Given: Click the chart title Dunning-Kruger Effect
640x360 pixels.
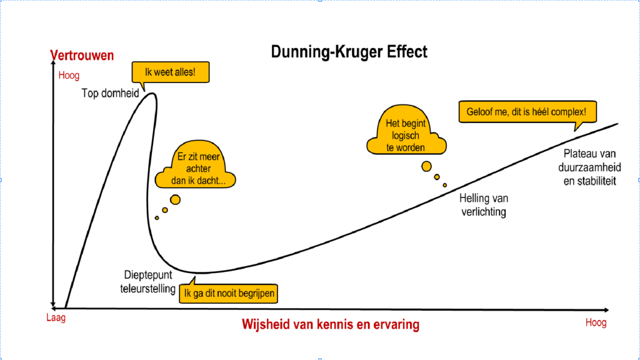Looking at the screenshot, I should tap(349, 51).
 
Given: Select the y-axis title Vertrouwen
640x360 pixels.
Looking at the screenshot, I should tap(82, 56).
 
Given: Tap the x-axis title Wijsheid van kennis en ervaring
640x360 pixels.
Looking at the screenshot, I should tap(331, 325).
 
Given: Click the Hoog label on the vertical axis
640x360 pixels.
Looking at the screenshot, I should tap(69, 76).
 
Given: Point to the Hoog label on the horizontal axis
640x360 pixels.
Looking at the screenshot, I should tap(596, 323).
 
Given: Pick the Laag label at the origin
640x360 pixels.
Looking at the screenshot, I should tap(56, 317).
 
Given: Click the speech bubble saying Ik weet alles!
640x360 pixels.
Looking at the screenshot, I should tap(169, 72).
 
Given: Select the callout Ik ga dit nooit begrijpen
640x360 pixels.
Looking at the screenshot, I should tap(229, 293).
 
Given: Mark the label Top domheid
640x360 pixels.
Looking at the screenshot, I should tap(110, 93).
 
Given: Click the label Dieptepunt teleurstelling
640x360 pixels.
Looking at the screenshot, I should tap(148, 281).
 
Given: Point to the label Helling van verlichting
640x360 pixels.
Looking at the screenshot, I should tap(484, 205).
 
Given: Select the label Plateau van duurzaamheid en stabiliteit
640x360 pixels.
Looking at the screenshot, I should tap(587, 167).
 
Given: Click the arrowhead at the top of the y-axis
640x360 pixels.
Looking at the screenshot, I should tap(54, 67).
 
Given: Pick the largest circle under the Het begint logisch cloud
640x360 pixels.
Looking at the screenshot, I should tap(426, 166).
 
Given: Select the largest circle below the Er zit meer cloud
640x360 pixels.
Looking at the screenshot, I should tap(176, 199).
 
